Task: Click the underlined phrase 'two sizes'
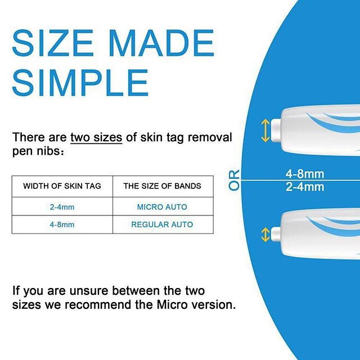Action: tap(96, 138)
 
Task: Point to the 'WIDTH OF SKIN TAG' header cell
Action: tap(62, 186)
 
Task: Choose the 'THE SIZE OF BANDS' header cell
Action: tap(162, 186)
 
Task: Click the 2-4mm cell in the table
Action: tap(62, 207)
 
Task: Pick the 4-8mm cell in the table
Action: tap(62, 224)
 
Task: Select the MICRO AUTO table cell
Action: tap(162, 207)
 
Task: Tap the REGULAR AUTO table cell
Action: tap(162, 224)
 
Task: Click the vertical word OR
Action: tap(235, 180)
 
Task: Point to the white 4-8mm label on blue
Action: tap(304, 174)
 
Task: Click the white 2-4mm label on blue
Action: tap(304, 186)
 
